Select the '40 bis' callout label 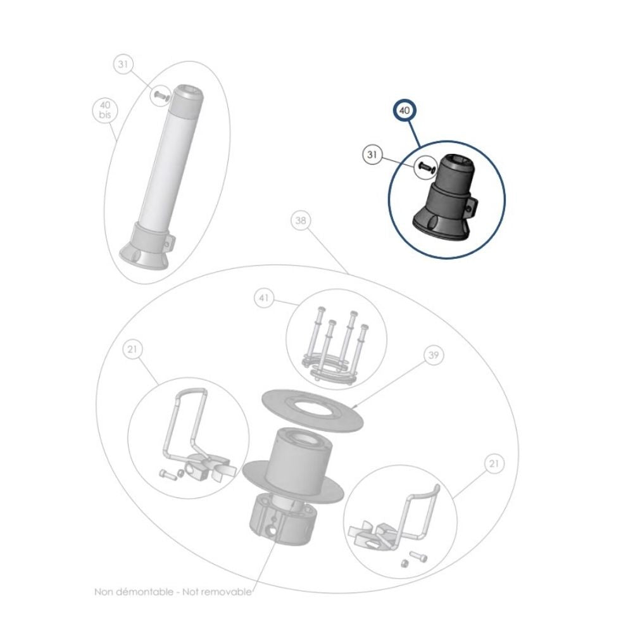click(x=105, y=110)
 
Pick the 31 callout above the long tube click(x=123, y=65)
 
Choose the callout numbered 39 click(x=433, y=356)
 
